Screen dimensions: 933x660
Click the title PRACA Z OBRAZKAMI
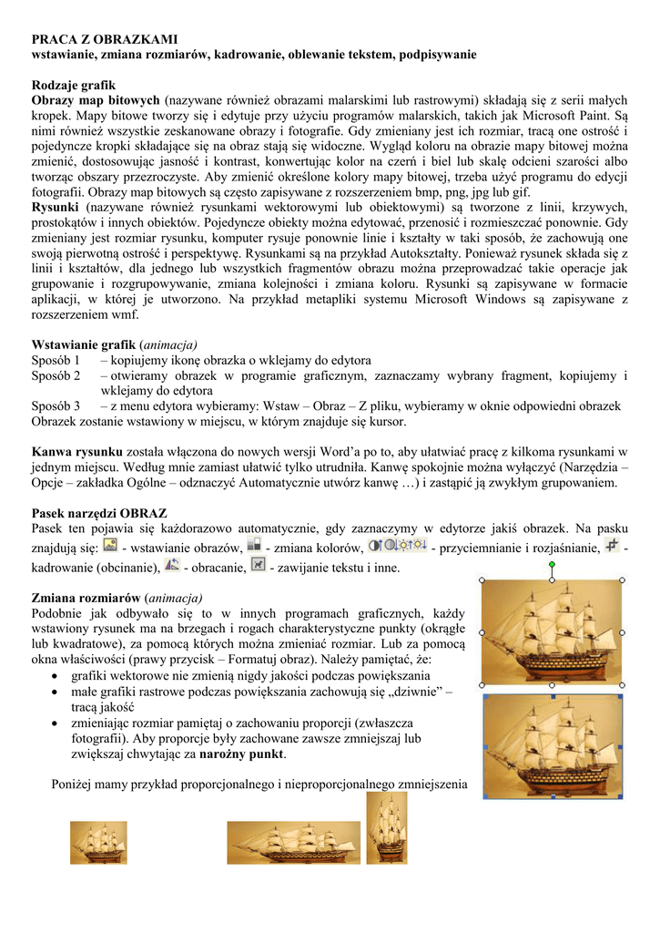(x=105, y=40)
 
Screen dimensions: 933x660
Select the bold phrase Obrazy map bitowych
(x=96, y=99)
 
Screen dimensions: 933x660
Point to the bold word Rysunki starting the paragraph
(x=56, y=209)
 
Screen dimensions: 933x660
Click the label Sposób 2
(x=56, y=375)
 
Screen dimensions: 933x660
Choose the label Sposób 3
(x=56, y=406)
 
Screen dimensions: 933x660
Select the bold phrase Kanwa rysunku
(x=77, y=452)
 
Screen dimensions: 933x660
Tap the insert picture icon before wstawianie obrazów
(x=110, y=546)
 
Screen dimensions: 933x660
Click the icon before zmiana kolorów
(x=255, y=546)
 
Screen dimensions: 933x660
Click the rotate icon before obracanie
(x=171, y=566)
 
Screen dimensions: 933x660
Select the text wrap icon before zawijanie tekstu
(x=258, y=566)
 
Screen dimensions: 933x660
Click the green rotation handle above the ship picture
(x=553, y=566)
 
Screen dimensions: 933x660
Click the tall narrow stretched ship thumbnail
(x=386, y=827)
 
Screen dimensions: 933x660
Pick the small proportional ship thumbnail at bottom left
(x=98, y=843)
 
